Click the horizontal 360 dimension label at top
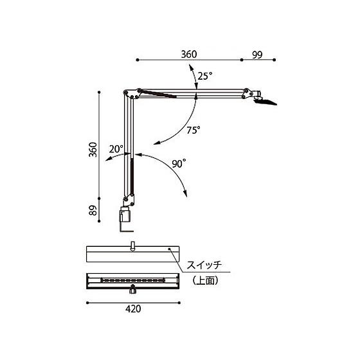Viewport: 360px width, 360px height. (x=189, y=54)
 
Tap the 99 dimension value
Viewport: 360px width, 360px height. (x=257, y=55)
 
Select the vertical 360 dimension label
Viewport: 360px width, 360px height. (x=93, y=149)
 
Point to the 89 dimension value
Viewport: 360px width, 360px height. (x=93, y=210)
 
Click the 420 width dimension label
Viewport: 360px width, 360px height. (x=133, y=309)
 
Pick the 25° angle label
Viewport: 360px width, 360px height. (x=205, y=76)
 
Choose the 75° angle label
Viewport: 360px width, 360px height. (x=194, y=130)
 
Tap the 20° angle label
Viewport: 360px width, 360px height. (x=116, y=149)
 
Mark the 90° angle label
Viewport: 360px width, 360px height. (x=179, y=164)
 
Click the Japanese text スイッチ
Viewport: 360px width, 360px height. (x=204, y=265)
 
